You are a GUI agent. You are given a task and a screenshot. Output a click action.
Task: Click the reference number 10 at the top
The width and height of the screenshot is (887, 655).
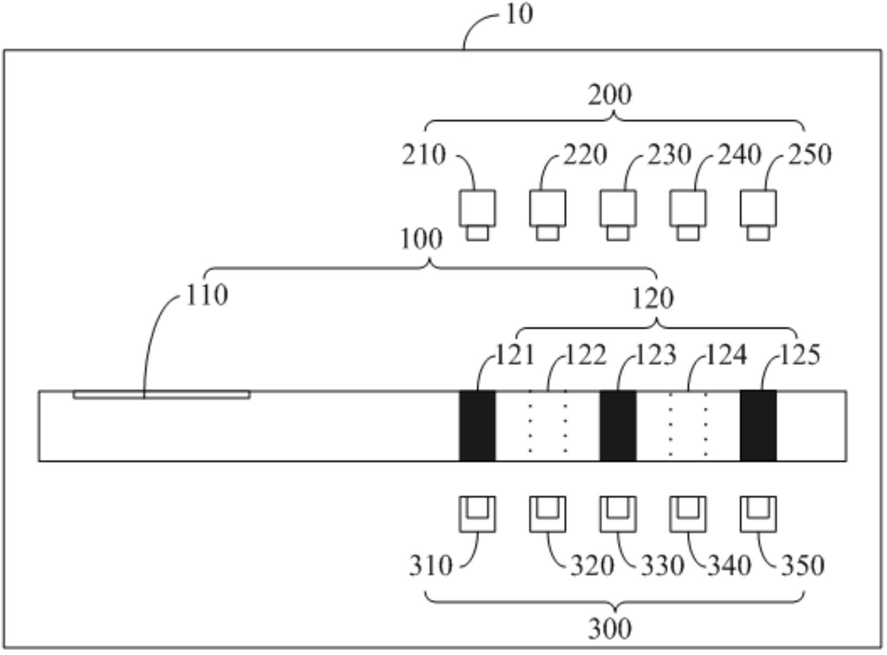click(x=520, y=15)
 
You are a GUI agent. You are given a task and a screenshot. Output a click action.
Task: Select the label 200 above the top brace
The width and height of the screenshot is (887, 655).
click(x=610, y=95)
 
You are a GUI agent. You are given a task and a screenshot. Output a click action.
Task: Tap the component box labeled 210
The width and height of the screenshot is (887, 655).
click(x=477, y=215)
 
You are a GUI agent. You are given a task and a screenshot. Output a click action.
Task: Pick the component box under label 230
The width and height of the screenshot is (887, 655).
click(x=618, y=215)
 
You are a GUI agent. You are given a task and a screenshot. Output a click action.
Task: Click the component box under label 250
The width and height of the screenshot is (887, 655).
click(x=758, y=215)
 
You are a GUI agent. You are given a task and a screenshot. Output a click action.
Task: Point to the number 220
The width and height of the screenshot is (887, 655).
click(x=585, y=154)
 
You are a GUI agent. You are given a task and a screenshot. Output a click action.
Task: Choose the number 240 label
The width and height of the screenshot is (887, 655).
click(x=739, y=154)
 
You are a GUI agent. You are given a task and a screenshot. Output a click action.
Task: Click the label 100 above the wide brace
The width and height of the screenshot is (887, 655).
click(x=421, y=239)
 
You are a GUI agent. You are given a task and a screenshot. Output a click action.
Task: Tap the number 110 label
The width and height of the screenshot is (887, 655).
click(x=207, y=295)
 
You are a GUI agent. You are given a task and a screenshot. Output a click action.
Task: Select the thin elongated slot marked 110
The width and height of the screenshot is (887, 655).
click(x=161, y=395)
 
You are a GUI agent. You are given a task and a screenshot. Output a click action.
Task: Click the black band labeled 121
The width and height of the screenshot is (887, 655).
click(x=477, y=426)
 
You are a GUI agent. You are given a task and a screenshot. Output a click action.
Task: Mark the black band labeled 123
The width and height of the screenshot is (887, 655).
click(x=618, y=426)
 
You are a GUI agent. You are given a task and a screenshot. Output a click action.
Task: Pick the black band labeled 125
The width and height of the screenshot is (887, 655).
click(x=758, y=426)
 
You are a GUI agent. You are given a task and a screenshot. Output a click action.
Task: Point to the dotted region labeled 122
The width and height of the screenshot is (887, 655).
click(x=548, y=426)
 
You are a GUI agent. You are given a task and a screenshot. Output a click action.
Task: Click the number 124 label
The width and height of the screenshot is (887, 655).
click(x=726, y=355)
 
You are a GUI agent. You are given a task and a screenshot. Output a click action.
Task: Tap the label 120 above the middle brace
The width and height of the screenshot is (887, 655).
click(x=653, y=299)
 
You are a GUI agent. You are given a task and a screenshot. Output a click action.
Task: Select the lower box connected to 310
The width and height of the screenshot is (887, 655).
click(x=477, y=515)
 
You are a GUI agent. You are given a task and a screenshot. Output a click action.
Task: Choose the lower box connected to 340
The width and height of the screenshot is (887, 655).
click(x=688, y=515)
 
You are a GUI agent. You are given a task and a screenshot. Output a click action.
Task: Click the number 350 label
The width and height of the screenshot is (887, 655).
click(x=803, y=566)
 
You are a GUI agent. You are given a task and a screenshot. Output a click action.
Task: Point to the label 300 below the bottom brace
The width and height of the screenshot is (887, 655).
click(x=610, y=629)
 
